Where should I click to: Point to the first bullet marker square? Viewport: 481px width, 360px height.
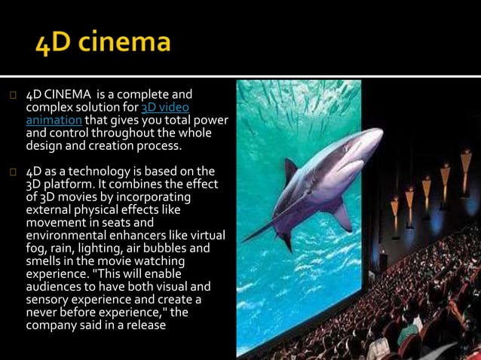[x=13, y=96]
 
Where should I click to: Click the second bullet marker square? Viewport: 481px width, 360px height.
[x=13, y=171]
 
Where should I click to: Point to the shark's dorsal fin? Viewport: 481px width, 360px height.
[x=290, y=167]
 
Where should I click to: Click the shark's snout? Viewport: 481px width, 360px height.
[x=378, y=134]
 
